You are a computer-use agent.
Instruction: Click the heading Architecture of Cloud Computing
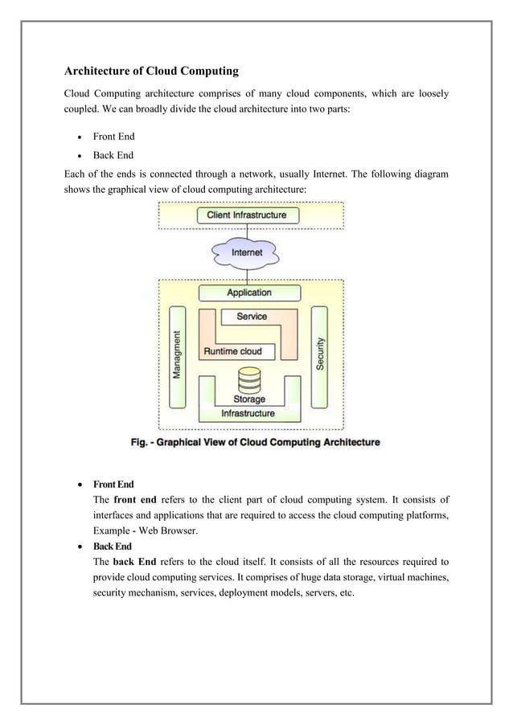pyautogui.click(x=151, y=71)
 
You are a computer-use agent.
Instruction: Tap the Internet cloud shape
pyautogui.click(x=247, y=252)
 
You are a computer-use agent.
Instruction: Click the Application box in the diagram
pyautogui.click(x=248, y=293)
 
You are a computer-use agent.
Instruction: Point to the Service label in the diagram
pyautogui.click(x=252, y=317)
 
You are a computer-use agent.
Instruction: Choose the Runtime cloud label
pyautogui.click(x=232, y=351)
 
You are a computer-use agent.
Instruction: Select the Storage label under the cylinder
pyautogui.click(x=249, y=399)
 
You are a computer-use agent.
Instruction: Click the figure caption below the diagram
pyautogui.click(x=256, y=441)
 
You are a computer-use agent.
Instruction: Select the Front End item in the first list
pyautogui.click(x=113, y=137)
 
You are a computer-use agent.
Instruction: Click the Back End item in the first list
pyautogui.click(x=113, y=155)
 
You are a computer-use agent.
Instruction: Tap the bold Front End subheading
pyautogui.click(x=113, y=485)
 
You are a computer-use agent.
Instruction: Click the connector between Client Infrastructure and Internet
pyautogui.click(x=248, y=231)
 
